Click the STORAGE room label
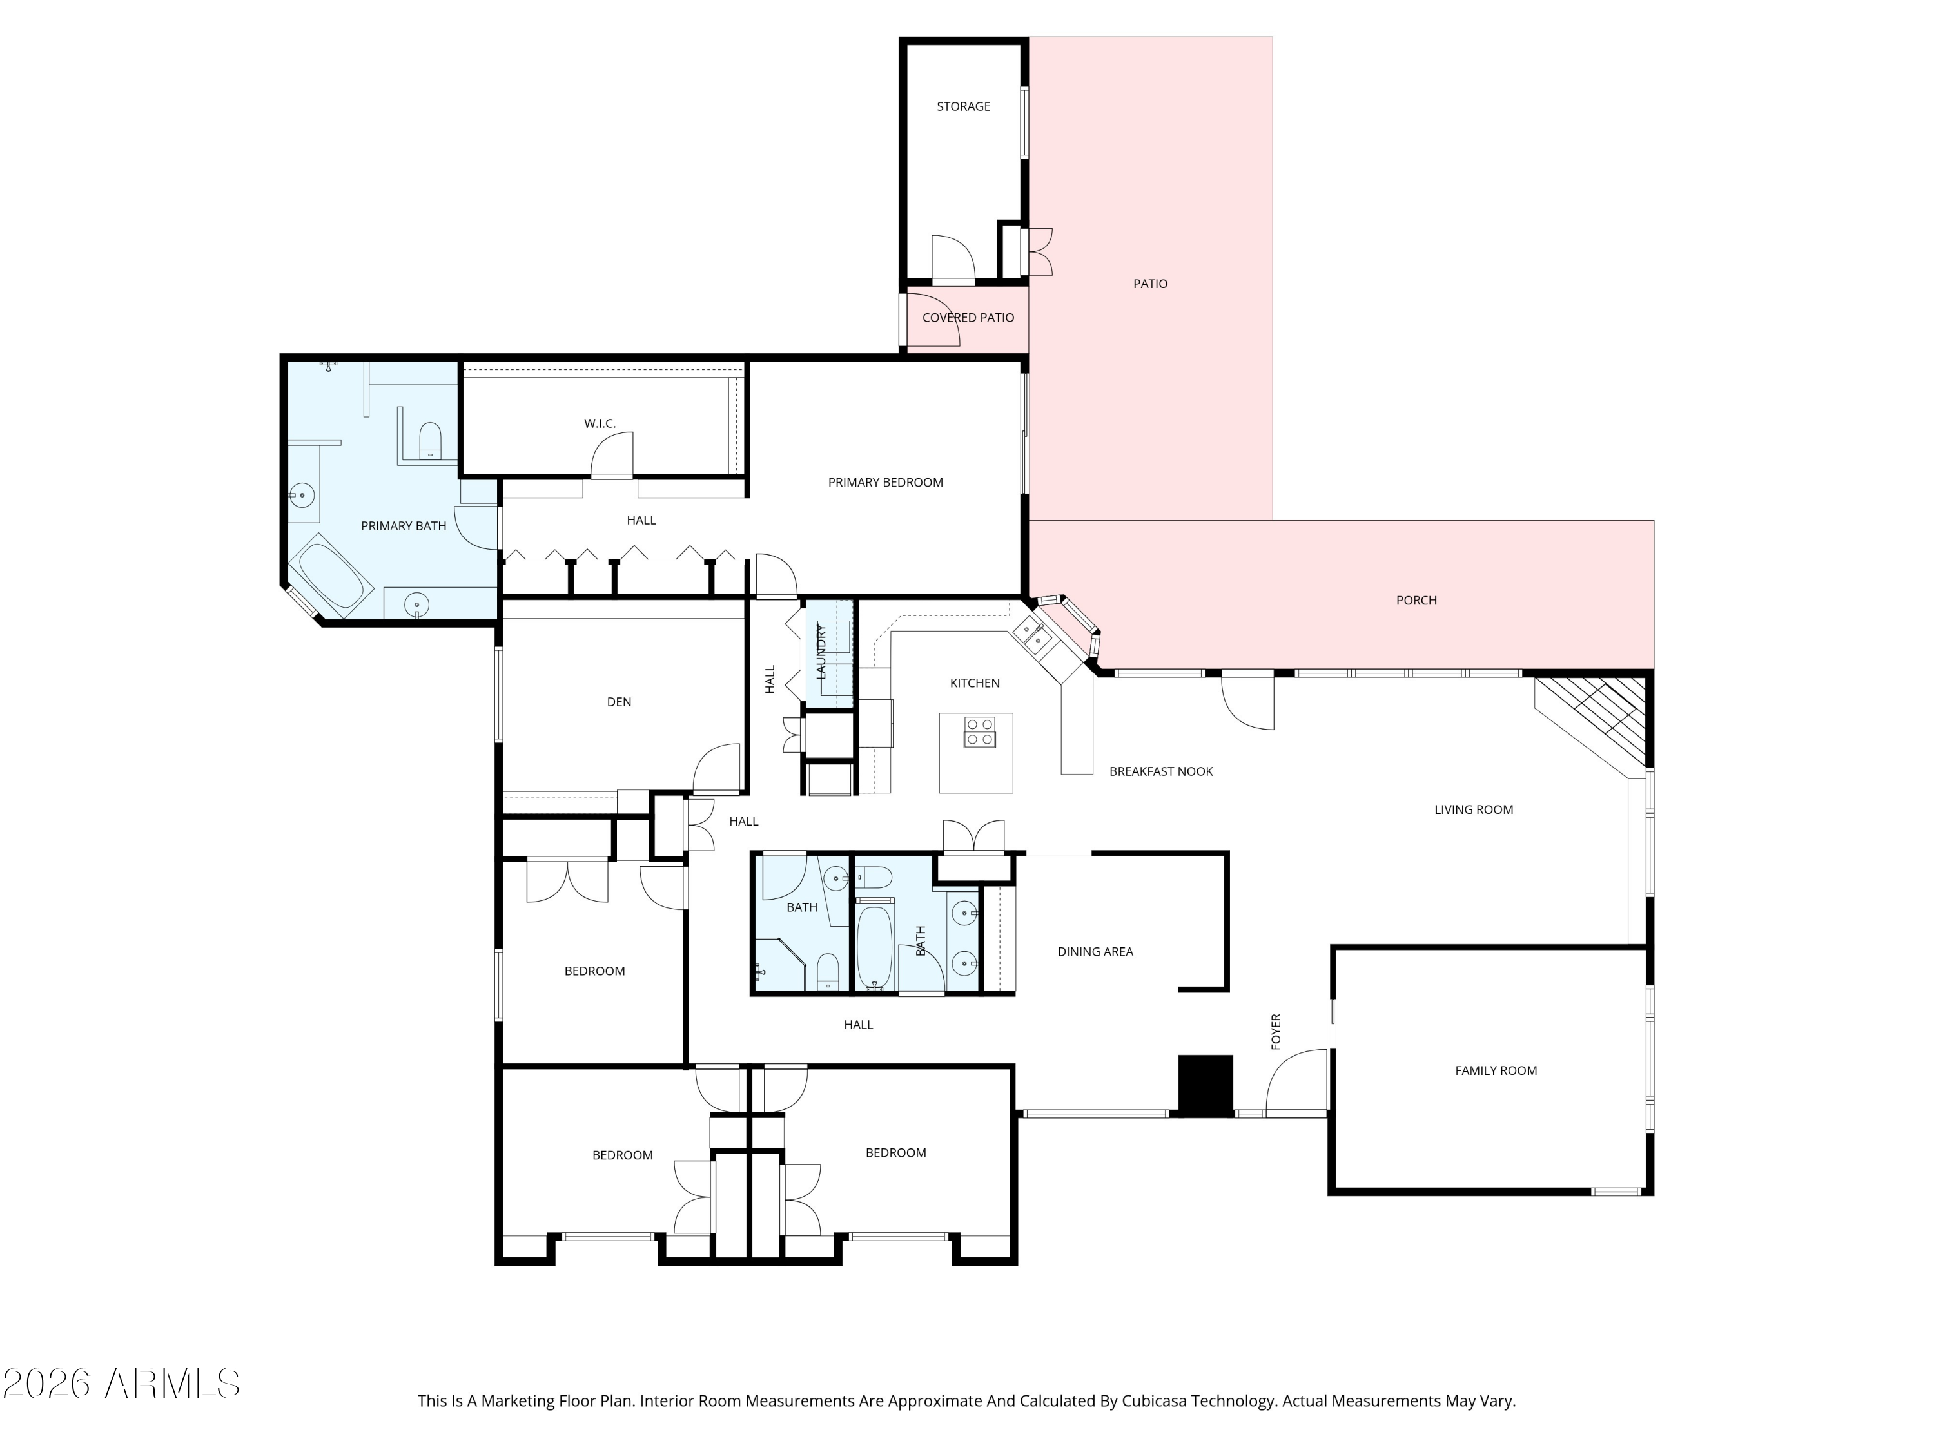coord(964,106)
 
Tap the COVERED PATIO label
coord(968,317)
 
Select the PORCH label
coord(1416,601)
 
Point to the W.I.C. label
coord(600,424)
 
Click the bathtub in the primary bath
coord(331,574)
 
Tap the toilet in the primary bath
coord(430,441)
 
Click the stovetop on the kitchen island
coord(979,733)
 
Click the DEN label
coord(619,702)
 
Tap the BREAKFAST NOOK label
coord(1161,772)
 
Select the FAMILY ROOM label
coord(1496,1070)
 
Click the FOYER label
coord(1276,1032)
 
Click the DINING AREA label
coord(1095,952)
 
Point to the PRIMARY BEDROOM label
coord(886,483)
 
